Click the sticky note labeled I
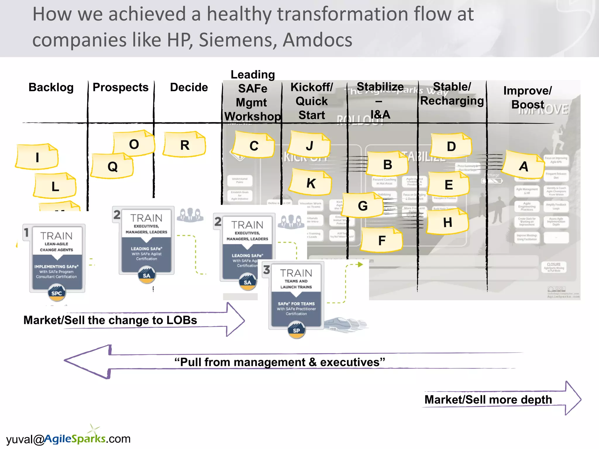[x=37, y=157]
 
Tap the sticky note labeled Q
[x=112, y=166]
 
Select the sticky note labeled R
[x=185, y=145]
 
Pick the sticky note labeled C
[x=254, y=145]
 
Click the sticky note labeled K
[x=311, y=183]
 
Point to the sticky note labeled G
[x=363, y=205]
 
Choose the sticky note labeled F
[x=382, y=240]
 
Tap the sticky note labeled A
[x=524, y=166]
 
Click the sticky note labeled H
[x=447, y=222]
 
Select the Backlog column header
[x=51, y=87]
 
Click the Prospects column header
[x=121, y=87]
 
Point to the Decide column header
[x=189, y=87]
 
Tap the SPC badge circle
[x=57, y=293]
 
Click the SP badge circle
[x=296, y=330]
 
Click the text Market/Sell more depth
[x=488, y=400]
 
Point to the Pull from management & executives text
[x=280, y=362]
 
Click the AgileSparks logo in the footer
[x=75, y=438]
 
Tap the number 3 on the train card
[x=266, y=270]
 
